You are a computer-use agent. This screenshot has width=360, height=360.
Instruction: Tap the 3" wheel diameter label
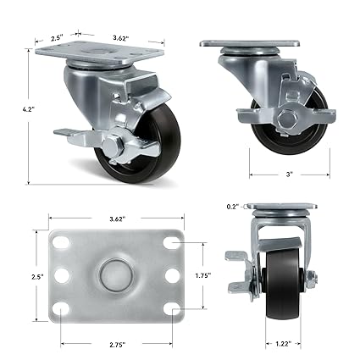tap(289, 173)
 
